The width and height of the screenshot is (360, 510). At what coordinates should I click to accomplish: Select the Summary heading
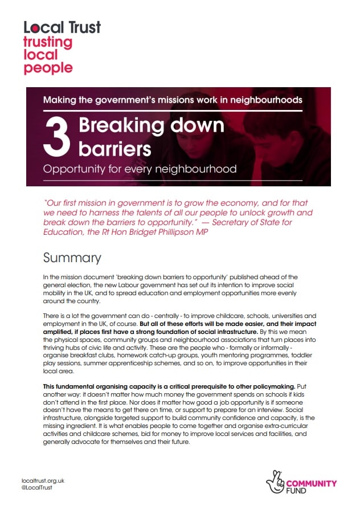click(72, 258)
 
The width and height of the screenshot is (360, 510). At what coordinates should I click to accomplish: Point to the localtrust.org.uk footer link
click(43, 481)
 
